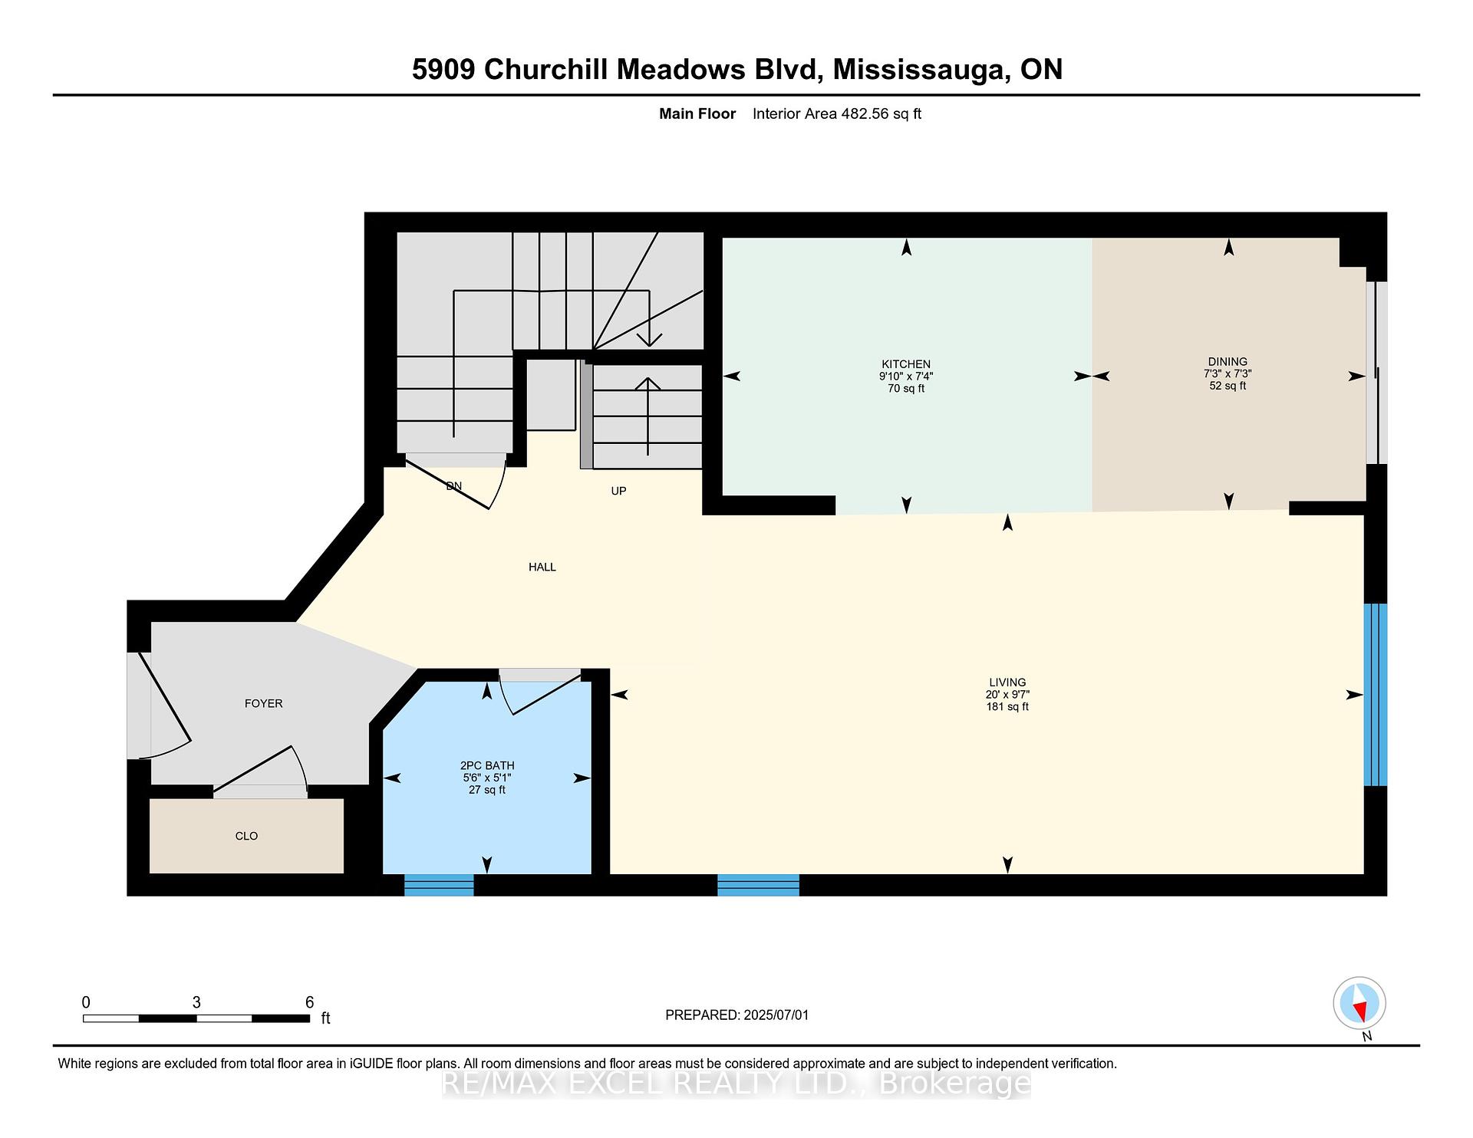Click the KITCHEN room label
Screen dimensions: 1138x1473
click(x=905, y=364)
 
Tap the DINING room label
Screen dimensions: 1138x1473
click(x=1227, y=361)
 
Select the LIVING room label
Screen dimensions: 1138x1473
click(x=1007, y=682)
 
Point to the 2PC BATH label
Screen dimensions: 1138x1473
click(x=486, y=765)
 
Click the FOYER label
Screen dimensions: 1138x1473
click(x=263, y=703)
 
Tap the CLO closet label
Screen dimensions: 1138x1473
click(x=246, y=836)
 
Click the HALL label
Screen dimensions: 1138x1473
click(x=542, y=567)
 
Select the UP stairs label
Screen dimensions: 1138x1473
click(x=618, y=491)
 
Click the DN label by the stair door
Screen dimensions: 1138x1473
click(x=453, y=486)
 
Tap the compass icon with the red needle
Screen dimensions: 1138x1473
click(x=1359, y=1003)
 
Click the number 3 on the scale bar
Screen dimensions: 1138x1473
click(x=196, y=1002)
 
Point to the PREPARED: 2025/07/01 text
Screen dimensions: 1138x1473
click(x=736, y=1015)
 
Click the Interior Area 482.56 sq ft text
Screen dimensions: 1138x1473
click(x=836, y=113)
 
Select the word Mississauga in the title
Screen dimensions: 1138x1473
click(x=918, y=69)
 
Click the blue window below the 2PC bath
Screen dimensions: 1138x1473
click(x=439, y=885)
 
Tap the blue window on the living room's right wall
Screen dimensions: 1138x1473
click(x=1375, y=695)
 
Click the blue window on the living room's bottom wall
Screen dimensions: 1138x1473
click(x=758, y=885)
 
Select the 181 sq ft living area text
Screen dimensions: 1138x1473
click(x=1007, y=706)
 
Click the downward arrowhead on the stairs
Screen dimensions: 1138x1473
click(x=649, y=340)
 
